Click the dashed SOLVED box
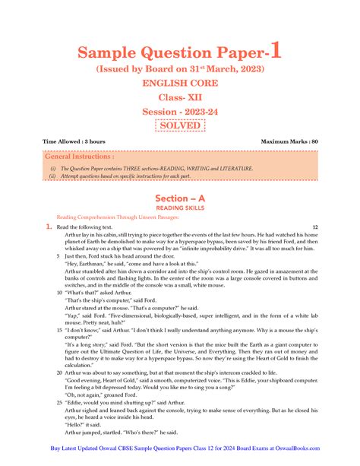[x=180, y=125]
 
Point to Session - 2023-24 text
[x=180, y=111]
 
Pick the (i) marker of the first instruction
[x=52, y=168]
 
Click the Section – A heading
[x=180, y=198]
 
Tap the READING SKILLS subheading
[x=180, y=207]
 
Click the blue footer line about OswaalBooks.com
[x=180, y=450]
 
